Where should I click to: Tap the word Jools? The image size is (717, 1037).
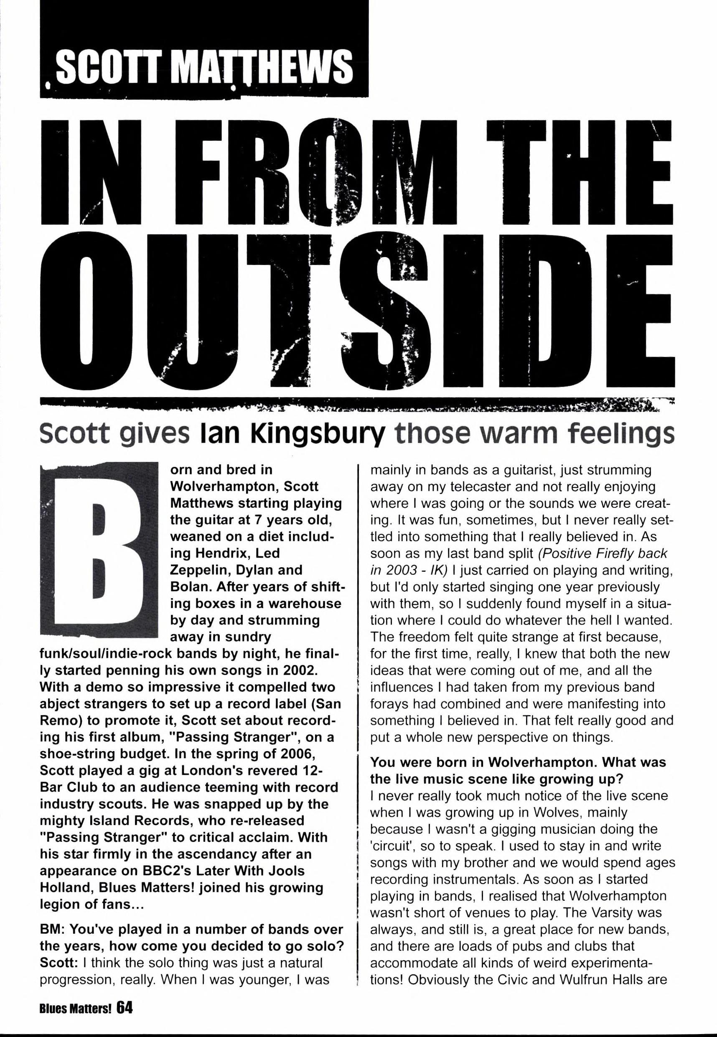point(283,871)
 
